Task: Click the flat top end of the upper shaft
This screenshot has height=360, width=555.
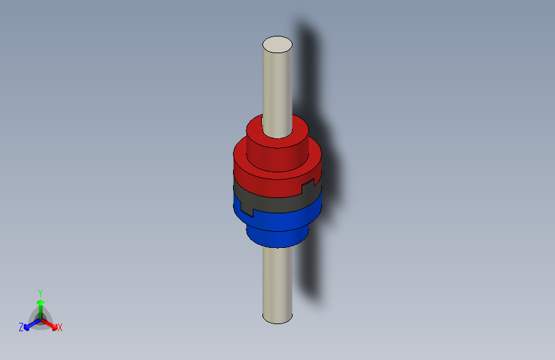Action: pyautogui.click(x=277, y=44)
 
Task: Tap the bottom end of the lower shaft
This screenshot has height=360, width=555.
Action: pyautogui.click(x=277, y=318)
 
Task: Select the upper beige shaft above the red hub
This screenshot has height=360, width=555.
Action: pyautogui.click(x=277, y=83)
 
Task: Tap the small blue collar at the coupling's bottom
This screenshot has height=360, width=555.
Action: pyautogui.click(x=275, y=238)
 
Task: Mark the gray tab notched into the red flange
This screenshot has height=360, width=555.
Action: pyautogui.click(x=309, y=188)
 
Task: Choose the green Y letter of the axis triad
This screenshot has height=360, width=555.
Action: pyautogui.click(x=40, y=292)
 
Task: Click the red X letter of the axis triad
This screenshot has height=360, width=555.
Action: pyautogui.click(x=60, y=328)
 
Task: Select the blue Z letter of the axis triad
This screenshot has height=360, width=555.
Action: pyautogui.click(x=21, y=327)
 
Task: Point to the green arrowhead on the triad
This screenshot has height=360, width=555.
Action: pyautogui.click(x=40, y=302)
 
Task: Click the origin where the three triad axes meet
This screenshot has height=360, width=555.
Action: pyautogui.click(x=40, y=318)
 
